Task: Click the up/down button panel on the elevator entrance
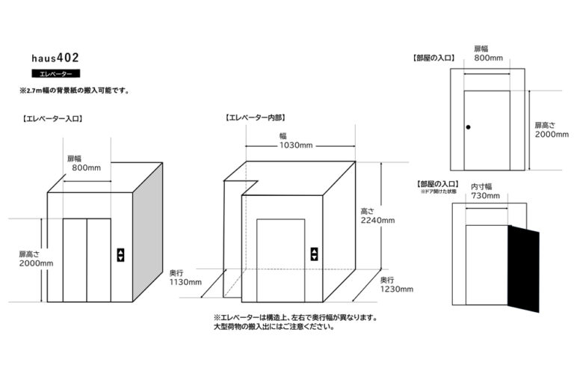pos(120,254)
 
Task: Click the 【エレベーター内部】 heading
pos(256,118)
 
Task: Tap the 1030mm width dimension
pos(296,145)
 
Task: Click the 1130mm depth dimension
pos(186,282)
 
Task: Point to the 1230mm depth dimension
pos(395,289)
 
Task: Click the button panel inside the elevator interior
pos(314,254)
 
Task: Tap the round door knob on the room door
pos(469,128)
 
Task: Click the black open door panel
pos(523,269)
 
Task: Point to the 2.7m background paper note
pos(75,91)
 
